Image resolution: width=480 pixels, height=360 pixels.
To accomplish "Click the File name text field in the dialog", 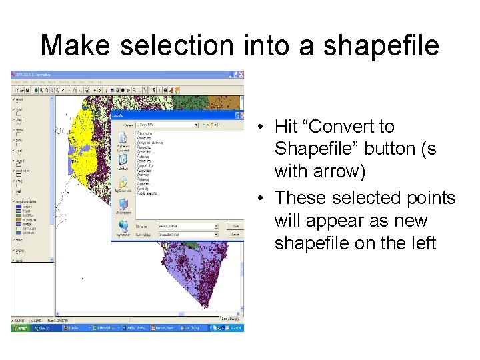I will [x=187, y=226].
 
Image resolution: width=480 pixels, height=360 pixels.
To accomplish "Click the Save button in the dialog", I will [x=235, y=226].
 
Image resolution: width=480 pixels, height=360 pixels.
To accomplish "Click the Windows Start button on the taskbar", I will [x=21, y=328].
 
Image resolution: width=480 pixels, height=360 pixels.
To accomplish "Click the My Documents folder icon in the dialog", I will [x=123, y=142].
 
